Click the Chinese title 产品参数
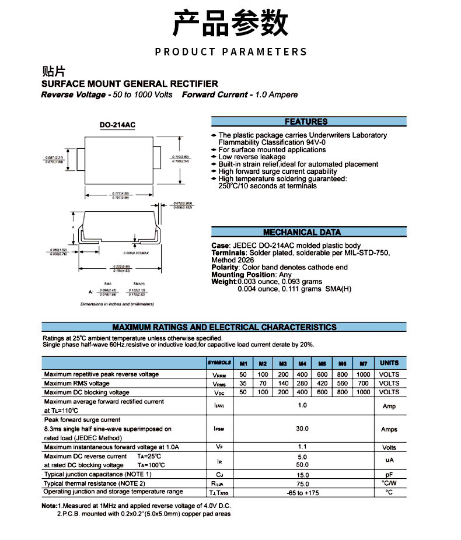230,23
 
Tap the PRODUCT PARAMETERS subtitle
230,52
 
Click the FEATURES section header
306,122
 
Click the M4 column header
302,363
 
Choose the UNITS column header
389,363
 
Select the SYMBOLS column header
219,363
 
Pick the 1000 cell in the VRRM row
363,374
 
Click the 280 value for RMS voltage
302,383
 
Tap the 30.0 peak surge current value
302,429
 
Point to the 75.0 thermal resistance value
302,484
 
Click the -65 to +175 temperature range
302,493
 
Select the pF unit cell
389,475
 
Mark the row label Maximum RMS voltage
77,383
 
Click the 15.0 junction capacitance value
302,475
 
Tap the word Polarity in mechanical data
225,267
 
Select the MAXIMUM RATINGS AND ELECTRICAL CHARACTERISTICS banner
225,327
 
